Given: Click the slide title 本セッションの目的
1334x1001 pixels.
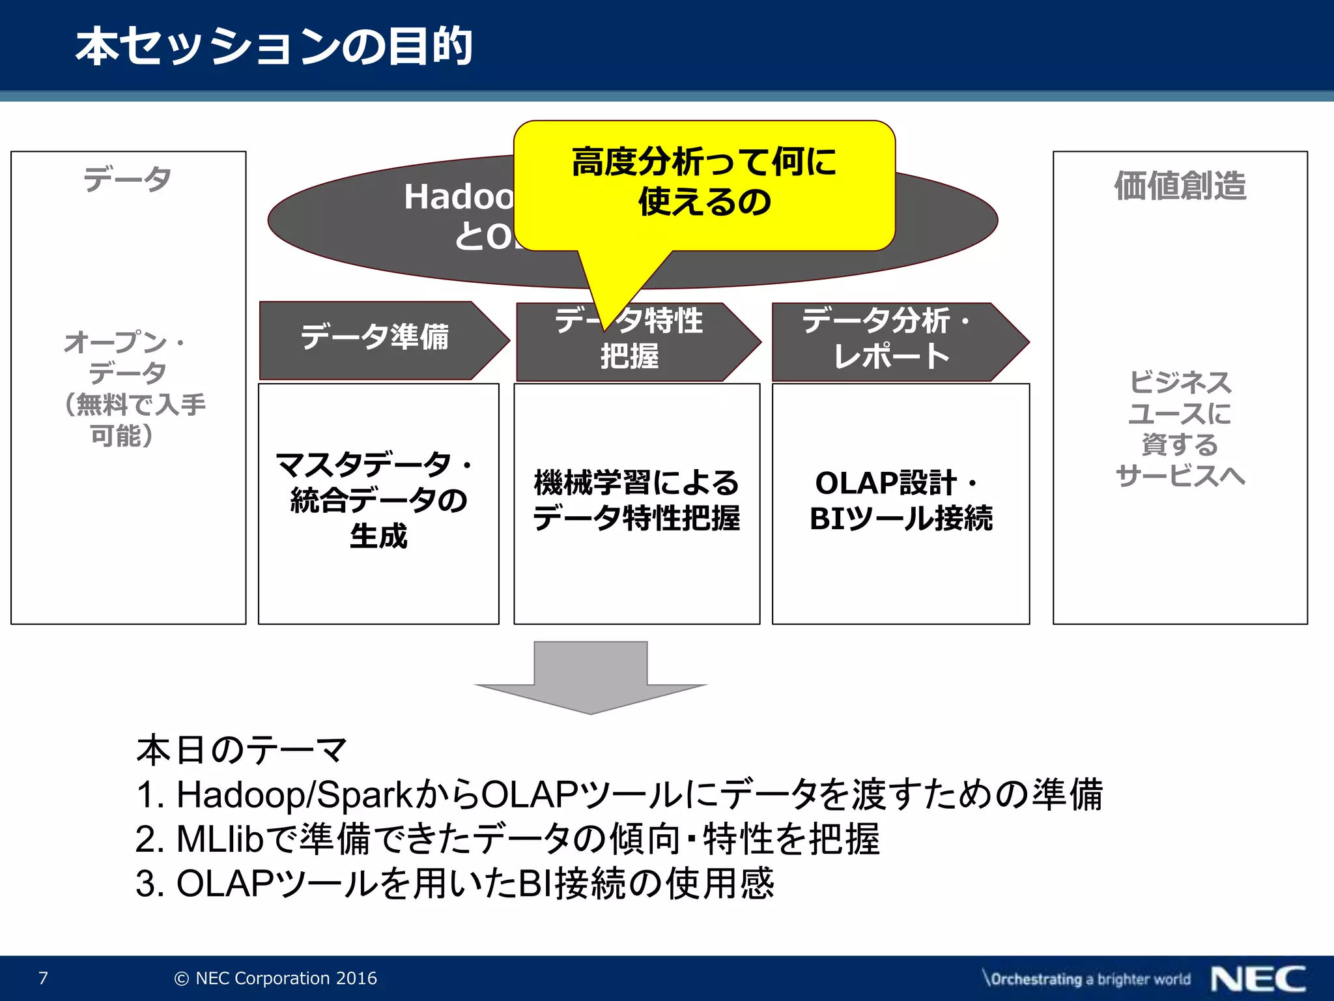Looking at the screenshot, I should tap(274, 47).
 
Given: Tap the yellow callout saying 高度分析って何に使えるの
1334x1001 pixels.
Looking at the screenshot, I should tap(703, 182).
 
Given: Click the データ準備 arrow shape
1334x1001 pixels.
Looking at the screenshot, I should tap(375, 339).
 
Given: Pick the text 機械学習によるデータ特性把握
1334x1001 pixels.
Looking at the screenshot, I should tap(636, 500).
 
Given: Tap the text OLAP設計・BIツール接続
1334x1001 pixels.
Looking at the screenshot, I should tap(900, 500).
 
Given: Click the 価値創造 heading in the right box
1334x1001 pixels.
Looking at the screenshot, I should tap(1180, 186).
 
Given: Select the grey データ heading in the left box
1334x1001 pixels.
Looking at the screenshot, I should tap(128, 179).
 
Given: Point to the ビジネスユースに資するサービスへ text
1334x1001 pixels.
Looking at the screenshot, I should tap(1180, 429).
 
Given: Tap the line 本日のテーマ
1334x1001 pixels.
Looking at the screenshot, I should tap(241, 749).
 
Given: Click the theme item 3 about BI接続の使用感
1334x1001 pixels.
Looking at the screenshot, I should tap(456, 884).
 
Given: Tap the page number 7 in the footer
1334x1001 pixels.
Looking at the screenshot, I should tap(43, 978).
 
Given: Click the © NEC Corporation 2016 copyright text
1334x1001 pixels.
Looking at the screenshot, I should tap(276, 978).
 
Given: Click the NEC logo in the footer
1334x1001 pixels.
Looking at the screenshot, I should tap(1258, 979).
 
